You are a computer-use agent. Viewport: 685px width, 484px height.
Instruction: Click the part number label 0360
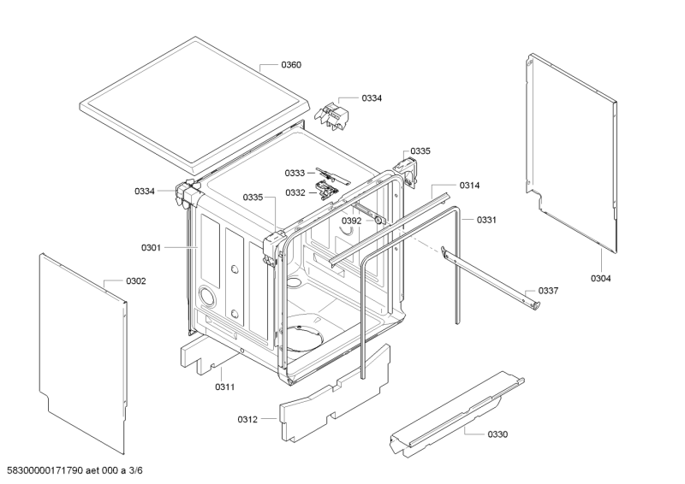(291, 65)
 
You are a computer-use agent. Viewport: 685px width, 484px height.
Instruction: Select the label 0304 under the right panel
(601, 278)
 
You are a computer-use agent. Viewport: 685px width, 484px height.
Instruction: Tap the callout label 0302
(136, 280)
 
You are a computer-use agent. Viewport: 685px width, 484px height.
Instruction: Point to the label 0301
(151, 248)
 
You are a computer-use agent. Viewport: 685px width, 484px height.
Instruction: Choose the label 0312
(247, 419)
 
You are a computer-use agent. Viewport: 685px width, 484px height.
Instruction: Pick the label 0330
(497, 434)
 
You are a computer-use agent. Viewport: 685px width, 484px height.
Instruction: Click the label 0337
(548, 291)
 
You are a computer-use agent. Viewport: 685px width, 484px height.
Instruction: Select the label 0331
(487, 220)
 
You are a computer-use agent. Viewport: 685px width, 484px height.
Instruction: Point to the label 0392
(352, 220)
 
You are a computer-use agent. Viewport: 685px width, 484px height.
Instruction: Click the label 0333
(295, 173)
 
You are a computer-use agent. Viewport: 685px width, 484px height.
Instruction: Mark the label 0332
(295, 192)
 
